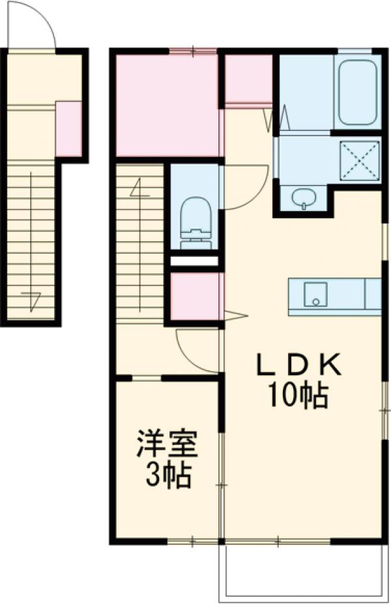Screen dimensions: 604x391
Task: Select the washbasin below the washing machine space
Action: [302, 198]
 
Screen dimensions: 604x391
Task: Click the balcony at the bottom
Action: [302, 570]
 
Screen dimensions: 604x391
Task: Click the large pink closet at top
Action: [167, 104]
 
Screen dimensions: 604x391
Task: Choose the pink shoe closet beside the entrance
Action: [68, 129]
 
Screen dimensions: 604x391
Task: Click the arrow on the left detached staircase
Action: [31, 300]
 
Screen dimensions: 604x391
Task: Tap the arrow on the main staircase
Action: [138, 189]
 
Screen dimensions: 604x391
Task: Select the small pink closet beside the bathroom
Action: [248, 79]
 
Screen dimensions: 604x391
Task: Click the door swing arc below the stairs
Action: [195, 352]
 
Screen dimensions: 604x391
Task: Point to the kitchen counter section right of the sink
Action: [372, 295]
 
